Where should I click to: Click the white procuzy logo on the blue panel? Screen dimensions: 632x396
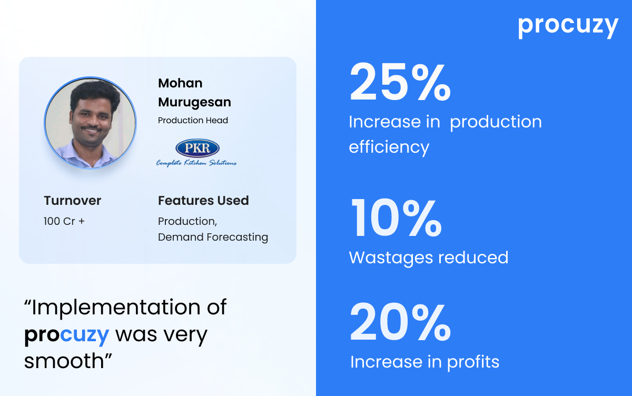tap(568, 25)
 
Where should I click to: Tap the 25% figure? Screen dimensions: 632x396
tap(400, 82)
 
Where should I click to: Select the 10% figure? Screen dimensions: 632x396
tap(396, 217)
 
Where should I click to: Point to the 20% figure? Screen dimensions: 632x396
tap(400, 322)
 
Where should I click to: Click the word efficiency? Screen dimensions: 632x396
tap(389, 148)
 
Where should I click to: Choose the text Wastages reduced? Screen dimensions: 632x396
tap(429, 258)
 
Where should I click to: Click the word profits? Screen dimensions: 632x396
tap(473, 363)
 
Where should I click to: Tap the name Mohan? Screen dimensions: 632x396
tap(180, 83)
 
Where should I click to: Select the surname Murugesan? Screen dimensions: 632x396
tap(194, 103)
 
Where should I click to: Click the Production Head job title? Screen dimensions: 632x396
tap(193, 121)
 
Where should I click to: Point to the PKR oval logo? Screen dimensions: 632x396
tap(197, 147)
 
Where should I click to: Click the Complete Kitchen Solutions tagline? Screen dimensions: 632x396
tap(196, 163)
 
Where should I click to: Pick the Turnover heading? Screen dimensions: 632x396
tap(73, 201)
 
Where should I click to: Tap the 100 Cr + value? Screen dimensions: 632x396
tap(64, 221)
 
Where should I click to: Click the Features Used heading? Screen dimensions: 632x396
tap(203, 201)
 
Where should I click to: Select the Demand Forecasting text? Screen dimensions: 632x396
tap(213, 237)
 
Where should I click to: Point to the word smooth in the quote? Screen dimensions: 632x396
tap(64, 361)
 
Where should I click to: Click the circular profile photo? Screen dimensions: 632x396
tap(90, 123)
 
